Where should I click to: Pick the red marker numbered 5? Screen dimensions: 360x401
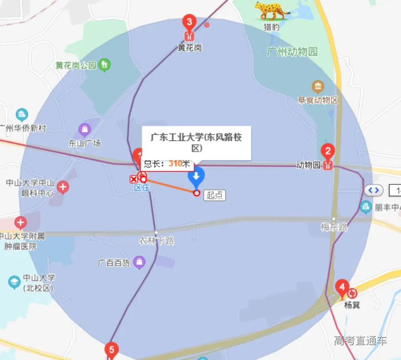(x=112, y=349)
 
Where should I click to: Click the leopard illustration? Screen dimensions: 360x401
(x=272, y=10)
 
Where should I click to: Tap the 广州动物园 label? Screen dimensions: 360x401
(x=292, y=52)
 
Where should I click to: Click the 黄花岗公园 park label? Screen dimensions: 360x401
(x=76, y=65)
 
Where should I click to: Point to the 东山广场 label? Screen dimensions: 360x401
(x=84, y=143)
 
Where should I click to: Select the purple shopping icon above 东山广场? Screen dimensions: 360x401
(x=85, y=129)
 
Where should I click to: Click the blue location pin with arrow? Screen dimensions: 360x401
(x=196, y=177)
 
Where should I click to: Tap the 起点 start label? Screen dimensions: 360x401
(x=215, y=195)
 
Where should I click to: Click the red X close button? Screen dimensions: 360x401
(x=134, y=180)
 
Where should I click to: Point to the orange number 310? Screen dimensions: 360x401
(x=176, y=163)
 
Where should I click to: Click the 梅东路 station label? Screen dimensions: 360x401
(x=334, y=226)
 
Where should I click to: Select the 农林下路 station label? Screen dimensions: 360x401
(x=156, y=241)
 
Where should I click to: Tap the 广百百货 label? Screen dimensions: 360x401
(x=114, y=263)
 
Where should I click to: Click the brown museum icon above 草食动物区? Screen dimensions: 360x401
(x=318, y=87)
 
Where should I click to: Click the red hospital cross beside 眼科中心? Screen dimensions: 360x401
(x=63, y=186)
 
